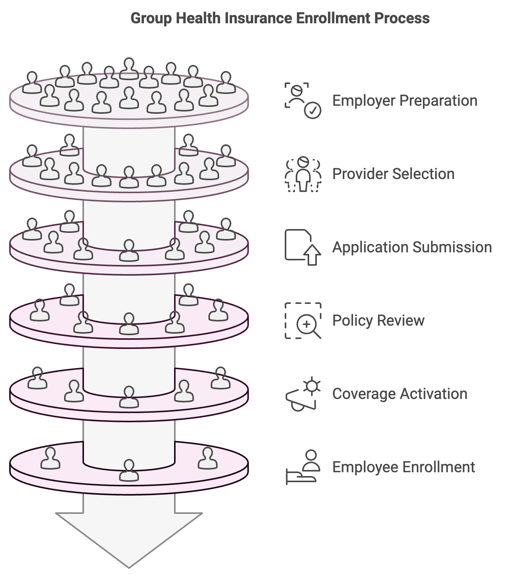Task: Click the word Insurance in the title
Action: point(258,18)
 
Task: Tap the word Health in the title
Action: point(198,18)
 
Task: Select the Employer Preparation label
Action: point(405,101)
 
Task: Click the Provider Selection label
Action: point(394,174)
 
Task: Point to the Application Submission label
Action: point(412,247)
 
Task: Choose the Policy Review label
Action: point(378,321)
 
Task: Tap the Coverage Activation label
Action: point(400,394)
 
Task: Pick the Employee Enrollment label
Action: point(403,467)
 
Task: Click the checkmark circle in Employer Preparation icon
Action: point(312,110)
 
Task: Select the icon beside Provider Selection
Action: point(303,174)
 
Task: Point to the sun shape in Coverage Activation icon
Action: point(312,386)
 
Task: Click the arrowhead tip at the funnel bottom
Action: point(129,568)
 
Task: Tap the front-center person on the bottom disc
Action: point(129,471)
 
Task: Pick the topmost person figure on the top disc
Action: point(129,69)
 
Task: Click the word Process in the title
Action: point(402,18)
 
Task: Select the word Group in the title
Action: point(151,18)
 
